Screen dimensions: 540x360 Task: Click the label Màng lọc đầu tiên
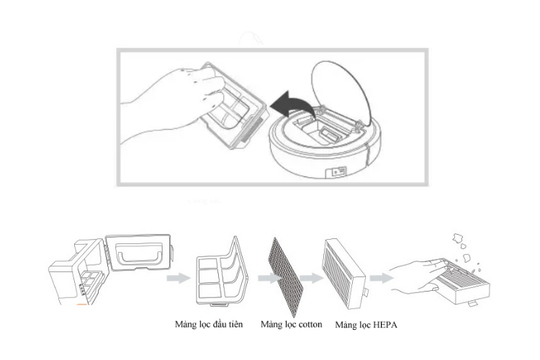(209, 324)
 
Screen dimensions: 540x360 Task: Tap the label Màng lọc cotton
(292, 324)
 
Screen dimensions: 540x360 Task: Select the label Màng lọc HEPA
(366, 325)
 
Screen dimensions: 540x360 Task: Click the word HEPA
(385, 325)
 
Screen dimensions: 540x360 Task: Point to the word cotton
(310, 325)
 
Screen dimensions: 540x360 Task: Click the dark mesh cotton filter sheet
(287, 276)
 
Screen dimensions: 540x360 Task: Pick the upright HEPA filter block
(344, 273)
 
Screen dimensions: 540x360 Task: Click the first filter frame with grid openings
(222, 272)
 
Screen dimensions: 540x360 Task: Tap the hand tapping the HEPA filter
(418, 276)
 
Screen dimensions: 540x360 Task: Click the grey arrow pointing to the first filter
(179, 278)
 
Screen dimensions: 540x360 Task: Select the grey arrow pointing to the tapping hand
(382, 278)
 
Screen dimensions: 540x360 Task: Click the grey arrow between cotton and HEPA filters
(311, 278)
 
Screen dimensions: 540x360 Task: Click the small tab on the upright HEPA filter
(366, 292)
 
